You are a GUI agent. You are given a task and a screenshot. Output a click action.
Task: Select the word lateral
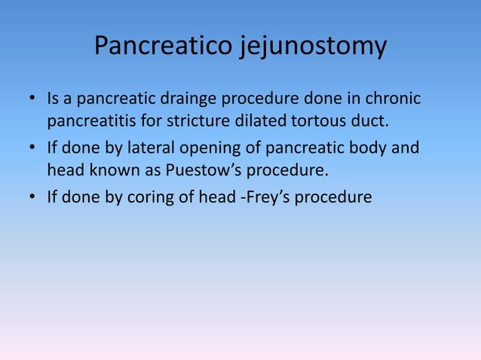154,148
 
